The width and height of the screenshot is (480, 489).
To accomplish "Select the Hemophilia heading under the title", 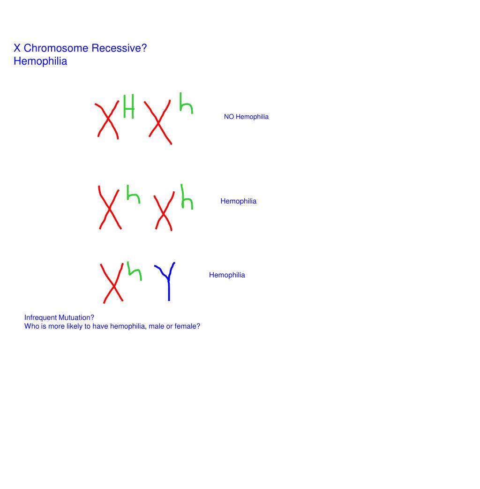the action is click(x=40, y=61).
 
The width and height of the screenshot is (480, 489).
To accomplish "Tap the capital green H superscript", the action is click(x=128, y=106).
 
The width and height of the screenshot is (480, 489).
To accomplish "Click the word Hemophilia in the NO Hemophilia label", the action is click(x=252, y=117).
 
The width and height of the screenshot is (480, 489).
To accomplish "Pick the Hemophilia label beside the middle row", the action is click(x=238, y=201).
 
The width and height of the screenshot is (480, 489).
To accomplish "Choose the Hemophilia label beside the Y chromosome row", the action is click(x=227, y=275).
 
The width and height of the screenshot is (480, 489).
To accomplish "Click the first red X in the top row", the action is click(x=108, y=120).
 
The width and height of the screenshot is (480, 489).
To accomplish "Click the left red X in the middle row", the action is click(x=110, y=208).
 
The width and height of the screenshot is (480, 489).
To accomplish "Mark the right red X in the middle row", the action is click(x=163, y=213).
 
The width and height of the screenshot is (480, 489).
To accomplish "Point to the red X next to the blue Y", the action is click(x=112, y=284).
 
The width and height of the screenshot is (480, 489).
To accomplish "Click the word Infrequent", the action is click(x=41, y=318).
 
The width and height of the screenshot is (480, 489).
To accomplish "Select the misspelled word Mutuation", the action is click(x=76, y=318).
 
